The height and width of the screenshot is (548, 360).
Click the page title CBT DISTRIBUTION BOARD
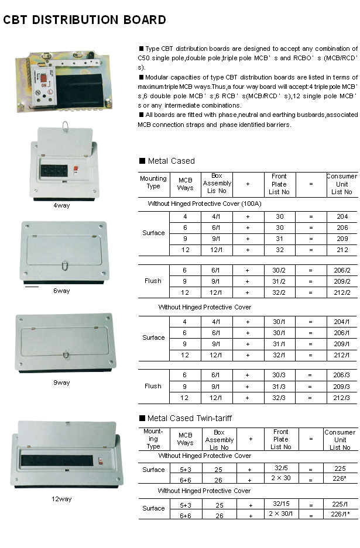coord(85,20)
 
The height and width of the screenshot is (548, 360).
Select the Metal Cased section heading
coord(171,161)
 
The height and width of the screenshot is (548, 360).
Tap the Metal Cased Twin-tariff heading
coord(191,418)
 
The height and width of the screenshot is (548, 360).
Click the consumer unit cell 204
coord(342,216)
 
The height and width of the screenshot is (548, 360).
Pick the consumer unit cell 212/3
coord(342,398)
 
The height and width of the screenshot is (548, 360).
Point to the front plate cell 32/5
coord(280,468)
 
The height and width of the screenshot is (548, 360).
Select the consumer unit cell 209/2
coord(342,281)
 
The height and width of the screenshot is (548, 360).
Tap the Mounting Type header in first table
coord(153,182)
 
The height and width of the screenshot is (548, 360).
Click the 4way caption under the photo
coord(62,205)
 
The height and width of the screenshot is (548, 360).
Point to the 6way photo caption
coord(61,291)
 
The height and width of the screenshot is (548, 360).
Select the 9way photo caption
coord(61,382)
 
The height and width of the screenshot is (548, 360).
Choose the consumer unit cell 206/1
coord(342,332)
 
